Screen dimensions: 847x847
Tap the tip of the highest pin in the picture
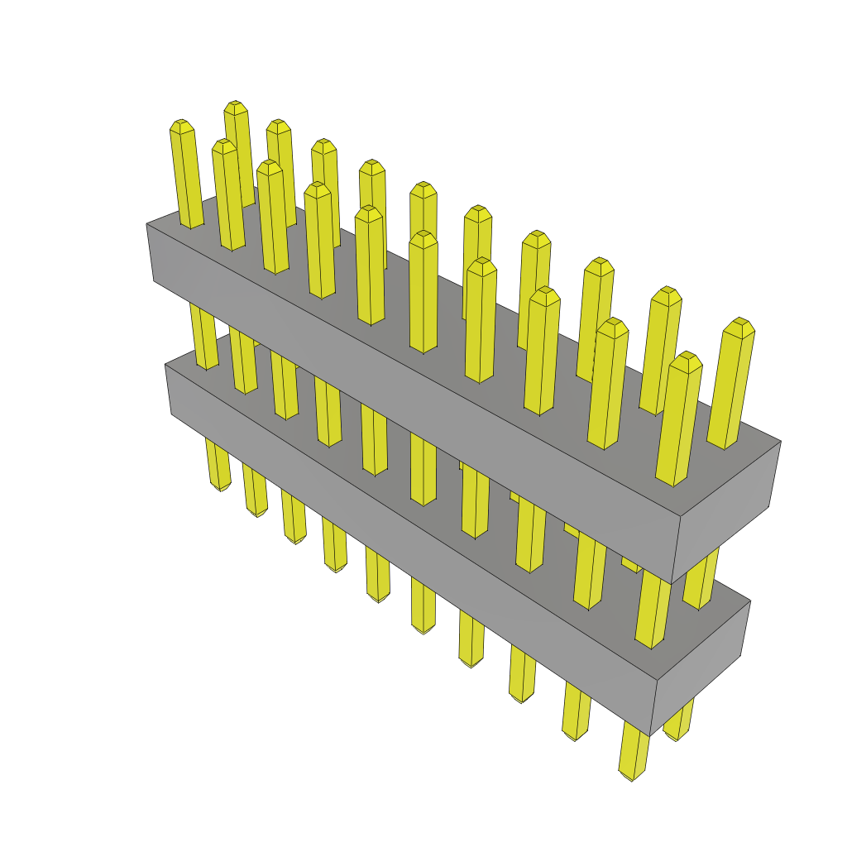click(236, 106)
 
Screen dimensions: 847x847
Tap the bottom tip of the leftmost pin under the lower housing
click(220, 488)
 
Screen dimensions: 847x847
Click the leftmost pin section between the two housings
click(205, 335)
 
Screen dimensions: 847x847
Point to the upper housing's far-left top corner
click(147, 223)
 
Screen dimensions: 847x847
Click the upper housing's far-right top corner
click(781, 441)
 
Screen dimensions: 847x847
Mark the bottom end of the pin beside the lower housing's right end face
click(677, 737)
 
